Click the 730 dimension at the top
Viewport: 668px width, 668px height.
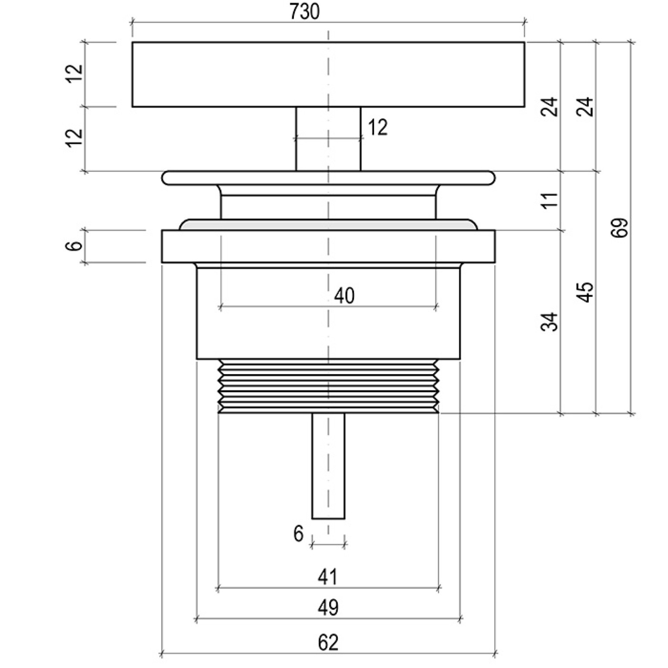tap(304, 12)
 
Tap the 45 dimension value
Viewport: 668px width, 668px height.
tap(586, 292)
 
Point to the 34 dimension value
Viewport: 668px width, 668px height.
tap(550, 322)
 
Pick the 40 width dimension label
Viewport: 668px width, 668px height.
tap(344, 296)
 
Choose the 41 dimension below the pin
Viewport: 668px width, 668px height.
tap(327, 577)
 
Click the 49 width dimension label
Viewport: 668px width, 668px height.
tap(328, 607)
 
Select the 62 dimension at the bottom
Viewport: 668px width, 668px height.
tap(328, 643)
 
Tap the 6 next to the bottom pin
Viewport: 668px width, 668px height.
tap(298, 534)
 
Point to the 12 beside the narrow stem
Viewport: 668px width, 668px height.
tap(377, 128)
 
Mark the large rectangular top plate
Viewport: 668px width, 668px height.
tap(328, 74)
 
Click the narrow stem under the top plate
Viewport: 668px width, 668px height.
tap(328, 139)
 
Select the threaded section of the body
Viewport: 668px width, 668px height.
tap(328, 386)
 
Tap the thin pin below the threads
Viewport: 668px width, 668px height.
tap(328, 466)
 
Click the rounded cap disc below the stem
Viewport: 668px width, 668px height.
tap(328, 178)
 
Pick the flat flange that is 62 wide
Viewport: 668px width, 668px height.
tap(328, 246)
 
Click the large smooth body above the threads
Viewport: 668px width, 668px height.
tap(328, 313)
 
